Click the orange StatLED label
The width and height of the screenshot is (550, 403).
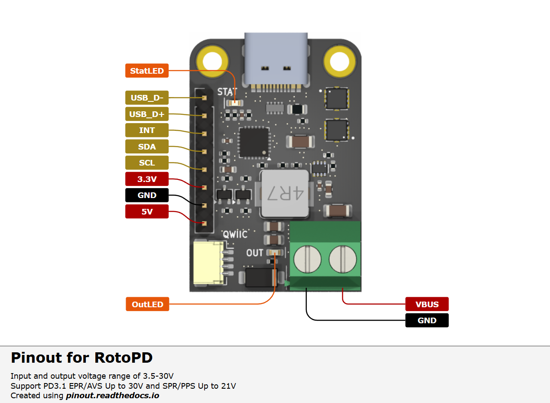147,71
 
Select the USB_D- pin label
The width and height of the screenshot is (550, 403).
147,98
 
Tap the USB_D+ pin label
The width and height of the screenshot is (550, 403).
147,114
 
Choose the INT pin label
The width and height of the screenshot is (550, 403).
147,130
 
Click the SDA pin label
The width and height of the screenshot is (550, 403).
147,147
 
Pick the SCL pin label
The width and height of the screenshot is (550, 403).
147,163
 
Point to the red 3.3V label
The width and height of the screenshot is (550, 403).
147,179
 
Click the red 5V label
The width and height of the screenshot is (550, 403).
147,211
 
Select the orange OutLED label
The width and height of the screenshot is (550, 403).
147,304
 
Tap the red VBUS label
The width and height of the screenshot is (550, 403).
427,304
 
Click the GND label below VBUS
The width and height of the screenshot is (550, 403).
427,321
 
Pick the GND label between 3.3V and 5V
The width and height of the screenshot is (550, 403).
147,195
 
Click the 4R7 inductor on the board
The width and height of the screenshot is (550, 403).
284,194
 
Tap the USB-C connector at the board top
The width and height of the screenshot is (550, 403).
277,58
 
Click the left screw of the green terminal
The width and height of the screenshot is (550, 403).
307,260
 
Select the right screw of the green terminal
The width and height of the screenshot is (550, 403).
342,260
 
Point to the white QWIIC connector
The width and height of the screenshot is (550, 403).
208,263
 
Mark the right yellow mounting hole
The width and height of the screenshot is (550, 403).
340,59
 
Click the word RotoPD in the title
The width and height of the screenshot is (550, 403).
124,358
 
